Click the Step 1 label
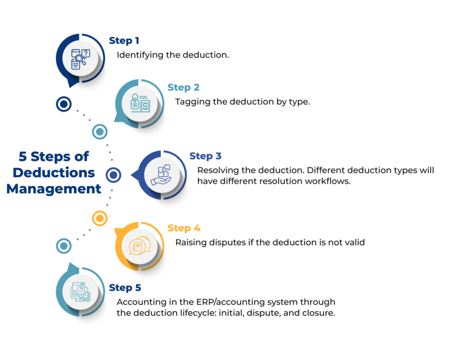(x=124, y=41)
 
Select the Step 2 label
(x=183, y=88)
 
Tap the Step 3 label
(x=205, y=156)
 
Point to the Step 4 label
(x=183, y=228)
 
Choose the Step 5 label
(x=125, y=288)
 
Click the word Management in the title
(x=54, y=189)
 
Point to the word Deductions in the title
(x=54, y=173)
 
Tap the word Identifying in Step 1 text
(x=138, y=55)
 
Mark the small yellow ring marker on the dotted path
(x=100, y=218)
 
